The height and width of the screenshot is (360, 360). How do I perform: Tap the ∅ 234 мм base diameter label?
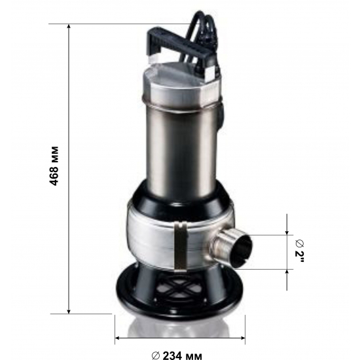click(x=176, y=353)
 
